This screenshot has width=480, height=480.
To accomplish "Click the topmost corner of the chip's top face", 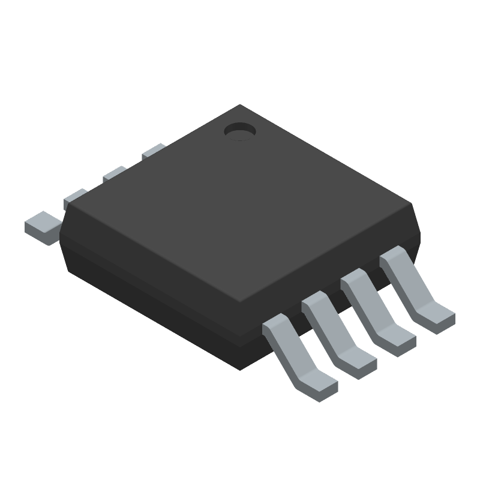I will point(240,105).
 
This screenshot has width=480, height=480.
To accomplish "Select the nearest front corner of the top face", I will point(240,304).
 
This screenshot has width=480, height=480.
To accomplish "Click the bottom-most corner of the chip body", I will point(240,370).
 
